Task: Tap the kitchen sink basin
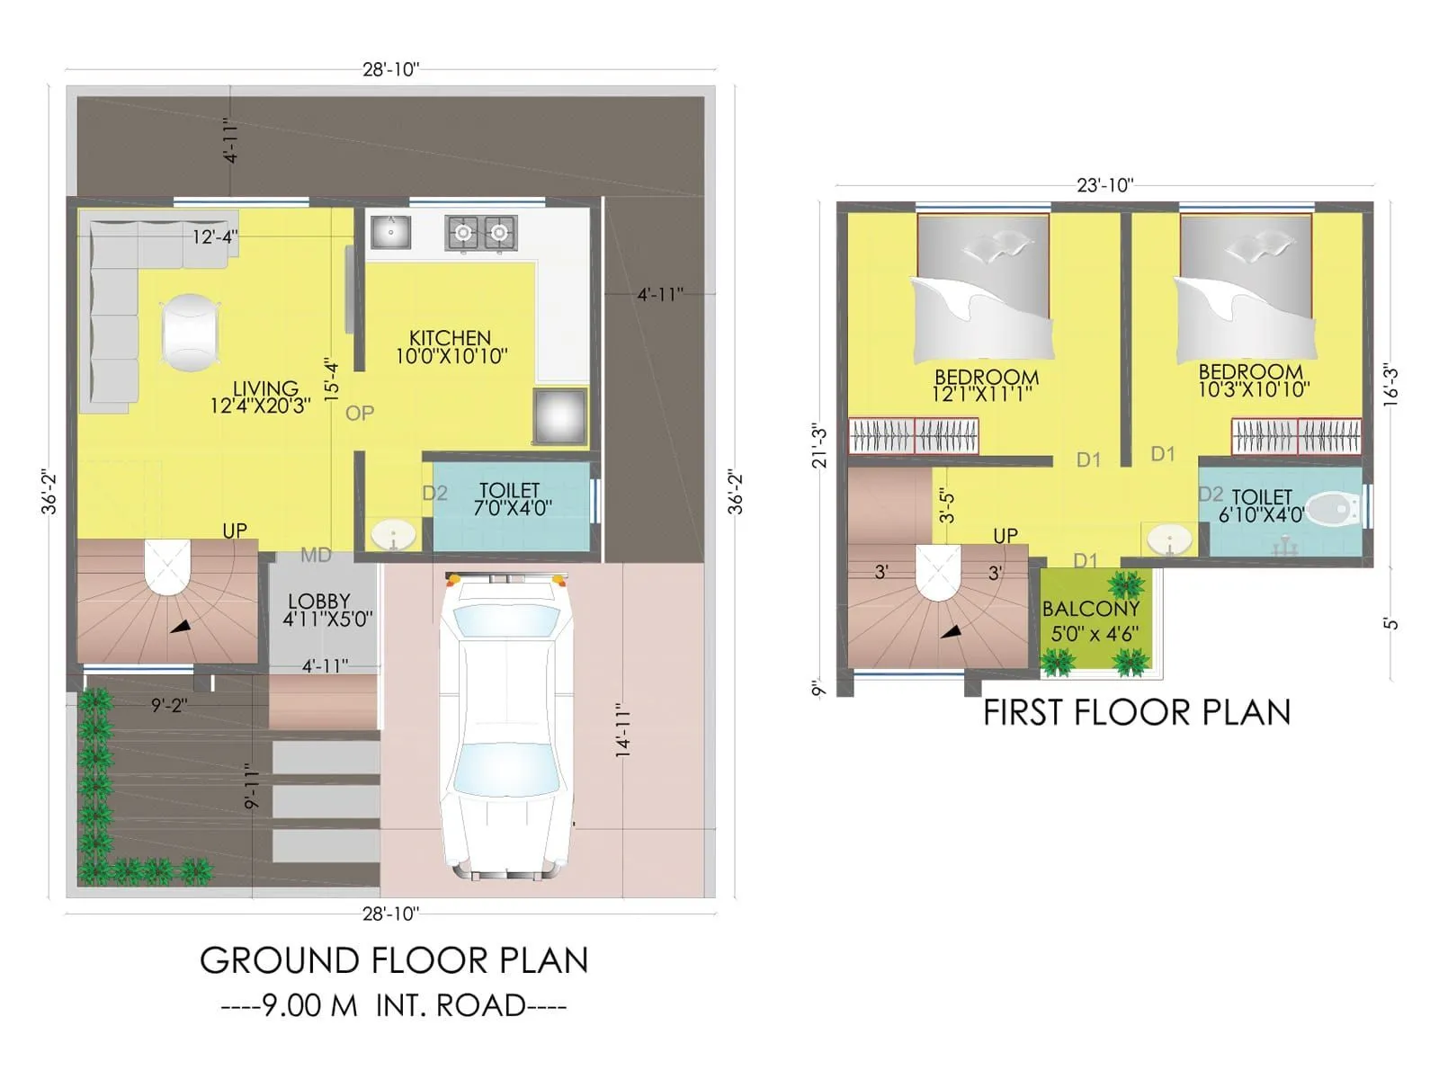pyautogui.click(x=391, y=232)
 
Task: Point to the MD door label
pyautogui.click(x=316, y=555)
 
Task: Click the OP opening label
pyautogui.click(x=360, y=413)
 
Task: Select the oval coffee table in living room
pyautogui.click(x=190, y=332)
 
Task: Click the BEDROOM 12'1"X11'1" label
pyautogui.click(x=985, y=385)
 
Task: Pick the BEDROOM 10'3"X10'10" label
pyautogui.click(x=1253, y=380)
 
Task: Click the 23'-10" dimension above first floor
pyautogui.click(x=1104, y=185)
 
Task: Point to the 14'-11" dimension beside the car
pyautogui.click(x=623, y=729)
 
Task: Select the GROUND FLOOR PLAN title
pyautogui.click(x=394, y=960)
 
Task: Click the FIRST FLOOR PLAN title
pyautogui.click(x=1137, y=712)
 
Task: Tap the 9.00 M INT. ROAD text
pyautogui.click(x=394, y=1005)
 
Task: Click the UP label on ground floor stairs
pyautogui.click(x=235, y=531)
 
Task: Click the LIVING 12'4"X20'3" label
pyautogui.click(x=261, y=397)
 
